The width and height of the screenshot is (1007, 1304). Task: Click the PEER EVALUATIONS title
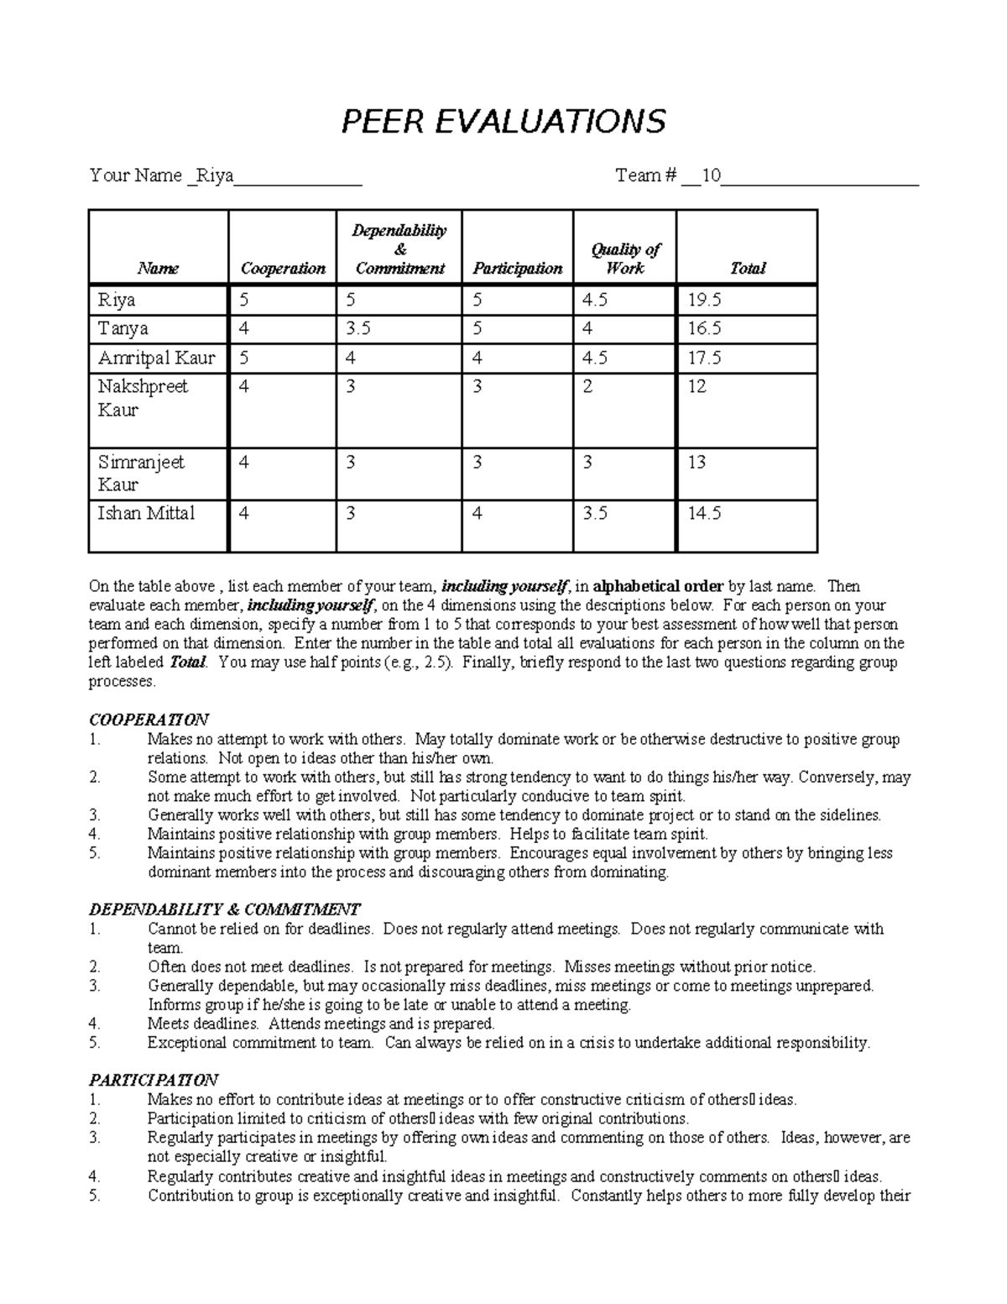pyautogui.click(x=503, y=122)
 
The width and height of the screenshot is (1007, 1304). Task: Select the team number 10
pyautogui.click(x=711, y=175)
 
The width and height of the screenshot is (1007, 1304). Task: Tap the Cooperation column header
pyautogui.click(x=283, y=269)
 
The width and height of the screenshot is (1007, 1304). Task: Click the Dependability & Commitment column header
pyautogui.click(x=399, y=249)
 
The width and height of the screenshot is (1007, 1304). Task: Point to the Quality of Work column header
pyautogui.click(x=625, y=259)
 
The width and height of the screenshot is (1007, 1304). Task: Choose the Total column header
pyautogui.click(x=747, y=269)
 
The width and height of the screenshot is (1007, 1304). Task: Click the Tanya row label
pyautogui.click(x=123, y=328)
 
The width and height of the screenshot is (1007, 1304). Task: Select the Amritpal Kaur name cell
pyautogui.click(x=156, y=358)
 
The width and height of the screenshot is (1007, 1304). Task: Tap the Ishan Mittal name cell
pyautogui.click(x=146, y=513)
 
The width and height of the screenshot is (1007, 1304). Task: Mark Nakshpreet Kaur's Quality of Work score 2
pyautogui.click(x=587, y=386)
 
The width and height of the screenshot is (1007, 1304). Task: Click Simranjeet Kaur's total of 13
pyautogui.click(x=697, y=462)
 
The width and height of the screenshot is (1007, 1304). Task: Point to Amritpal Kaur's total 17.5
pyautogui.click(x=704, y=358)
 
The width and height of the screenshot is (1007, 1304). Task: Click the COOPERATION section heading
pyautogui.click(x=149, y=720)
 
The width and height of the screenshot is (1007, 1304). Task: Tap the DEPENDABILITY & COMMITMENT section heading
pyautogui.click(x=224, y=909)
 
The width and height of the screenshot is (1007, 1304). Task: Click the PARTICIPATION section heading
pyautogui.click(x=154, y=1080)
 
